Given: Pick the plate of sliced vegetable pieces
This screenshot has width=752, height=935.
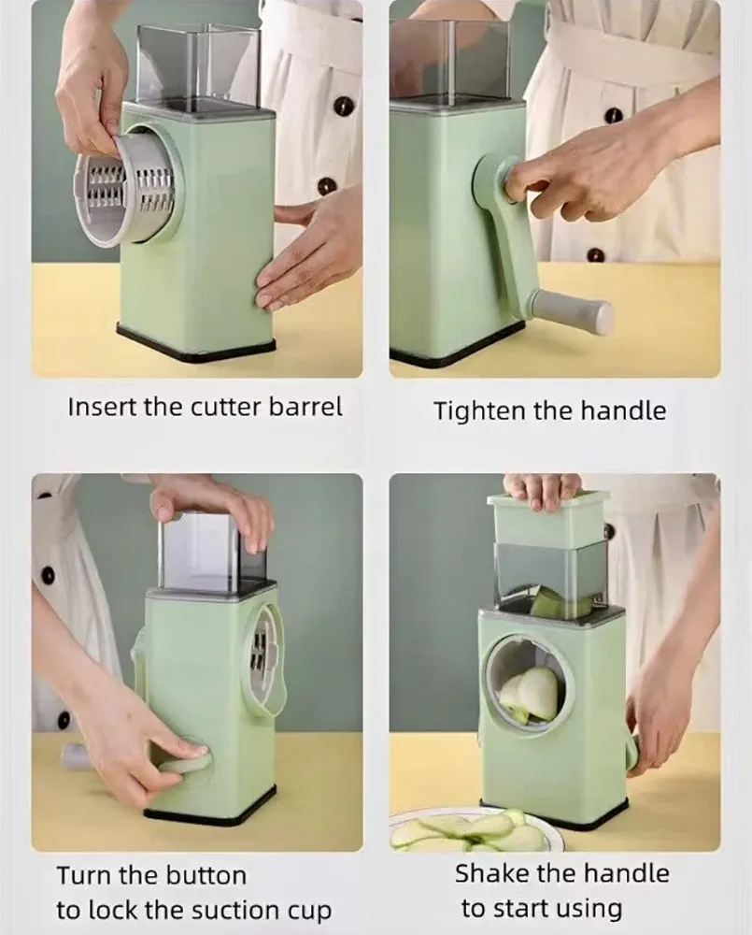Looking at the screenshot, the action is pos(476,830).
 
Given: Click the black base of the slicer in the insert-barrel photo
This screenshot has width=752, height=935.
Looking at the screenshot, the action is pos(196,342).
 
